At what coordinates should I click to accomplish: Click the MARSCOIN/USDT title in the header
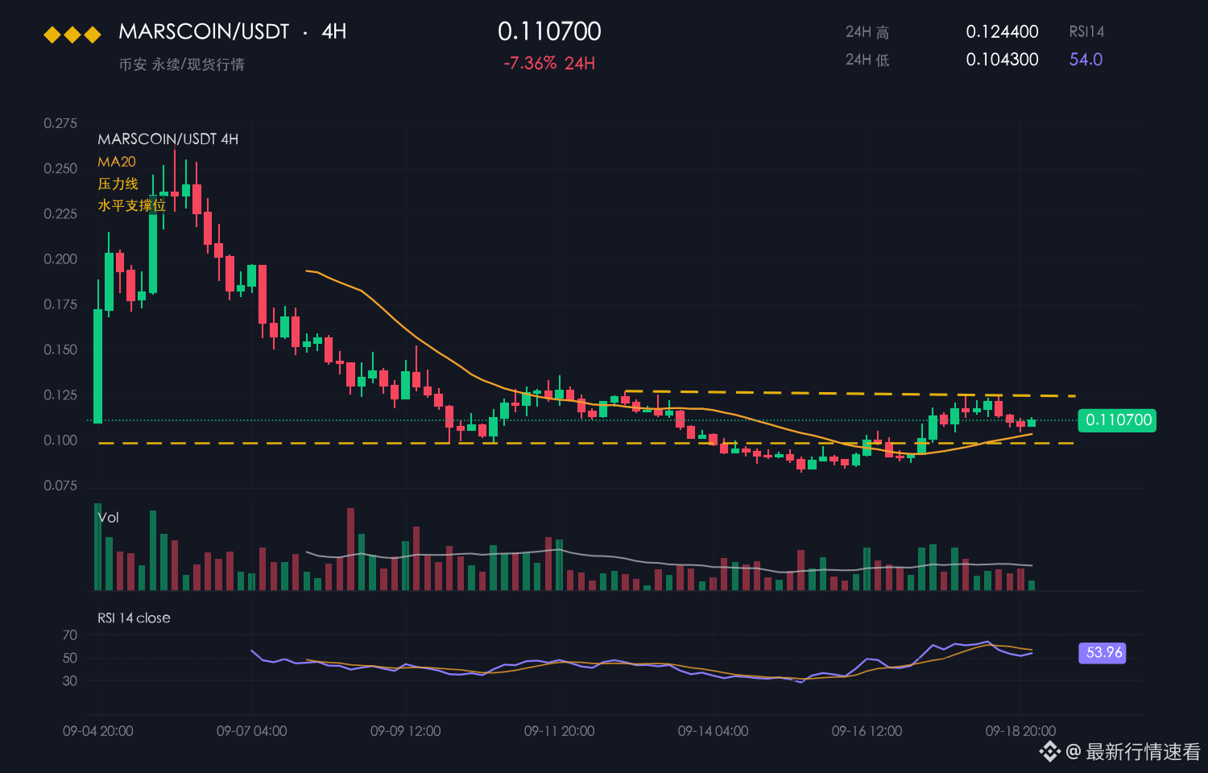click(204, 31)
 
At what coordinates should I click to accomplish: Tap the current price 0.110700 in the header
click(549, 31)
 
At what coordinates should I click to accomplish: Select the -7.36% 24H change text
click(549, 63)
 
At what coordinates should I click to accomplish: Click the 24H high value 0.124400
click(1002, 31)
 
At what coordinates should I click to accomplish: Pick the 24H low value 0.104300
click(1002, 60)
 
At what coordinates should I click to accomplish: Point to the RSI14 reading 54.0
click(1086, 60)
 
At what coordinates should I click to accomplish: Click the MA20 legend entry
click(117, 162)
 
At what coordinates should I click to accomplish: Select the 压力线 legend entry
click(118, 184)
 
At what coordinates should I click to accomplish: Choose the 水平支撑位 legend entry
click(131, 205)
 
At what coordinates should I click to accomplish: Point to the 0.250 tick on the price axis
click(60, 169)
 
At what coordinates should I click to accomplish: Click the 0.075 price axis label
click(60, 486)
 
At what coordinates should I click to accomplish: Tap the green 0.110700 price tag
click(1117, 420)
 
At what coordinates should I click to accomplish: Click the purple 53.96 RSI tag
click(1103, 653)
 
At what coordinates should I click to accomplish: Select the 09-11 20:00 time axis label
click(559, 731)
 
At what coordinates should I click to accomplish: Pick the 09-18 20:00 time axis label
click(1020, 731)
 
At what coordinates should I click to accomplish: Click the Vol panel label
click(108, 518)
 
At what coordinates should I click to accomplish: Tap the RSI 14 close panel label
click(134, 618)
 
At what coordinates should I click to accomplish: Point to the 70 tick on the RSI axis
click(70, 635)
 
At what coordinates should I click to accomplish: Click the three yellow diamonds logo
click(72, 35)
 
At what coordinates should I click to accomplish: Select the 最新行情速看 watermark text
click(1143, 751)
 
